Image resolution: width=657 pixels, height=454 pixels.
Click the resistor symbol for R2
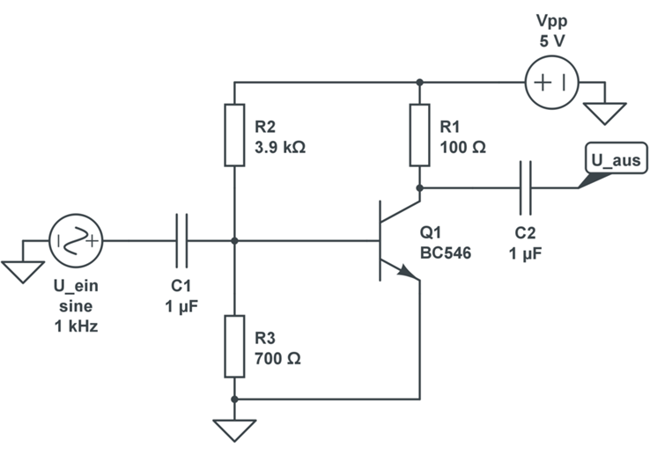click(233, 135)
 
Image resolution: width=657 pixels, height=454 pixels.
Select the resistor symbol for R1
click(419, 135)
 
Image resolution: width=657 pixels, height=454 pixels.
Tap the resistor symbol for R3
click(233, 345)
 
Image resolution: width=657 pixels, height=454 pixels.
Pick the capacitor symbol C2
click(526, 187)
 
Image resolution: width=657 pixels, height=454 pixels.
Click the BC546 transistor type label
click(446, 253)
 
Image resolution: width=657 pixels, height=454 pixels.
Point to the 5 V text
click(551, 40)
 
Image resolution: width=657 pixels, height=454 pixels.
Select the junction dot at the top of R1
click(419, 83)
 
